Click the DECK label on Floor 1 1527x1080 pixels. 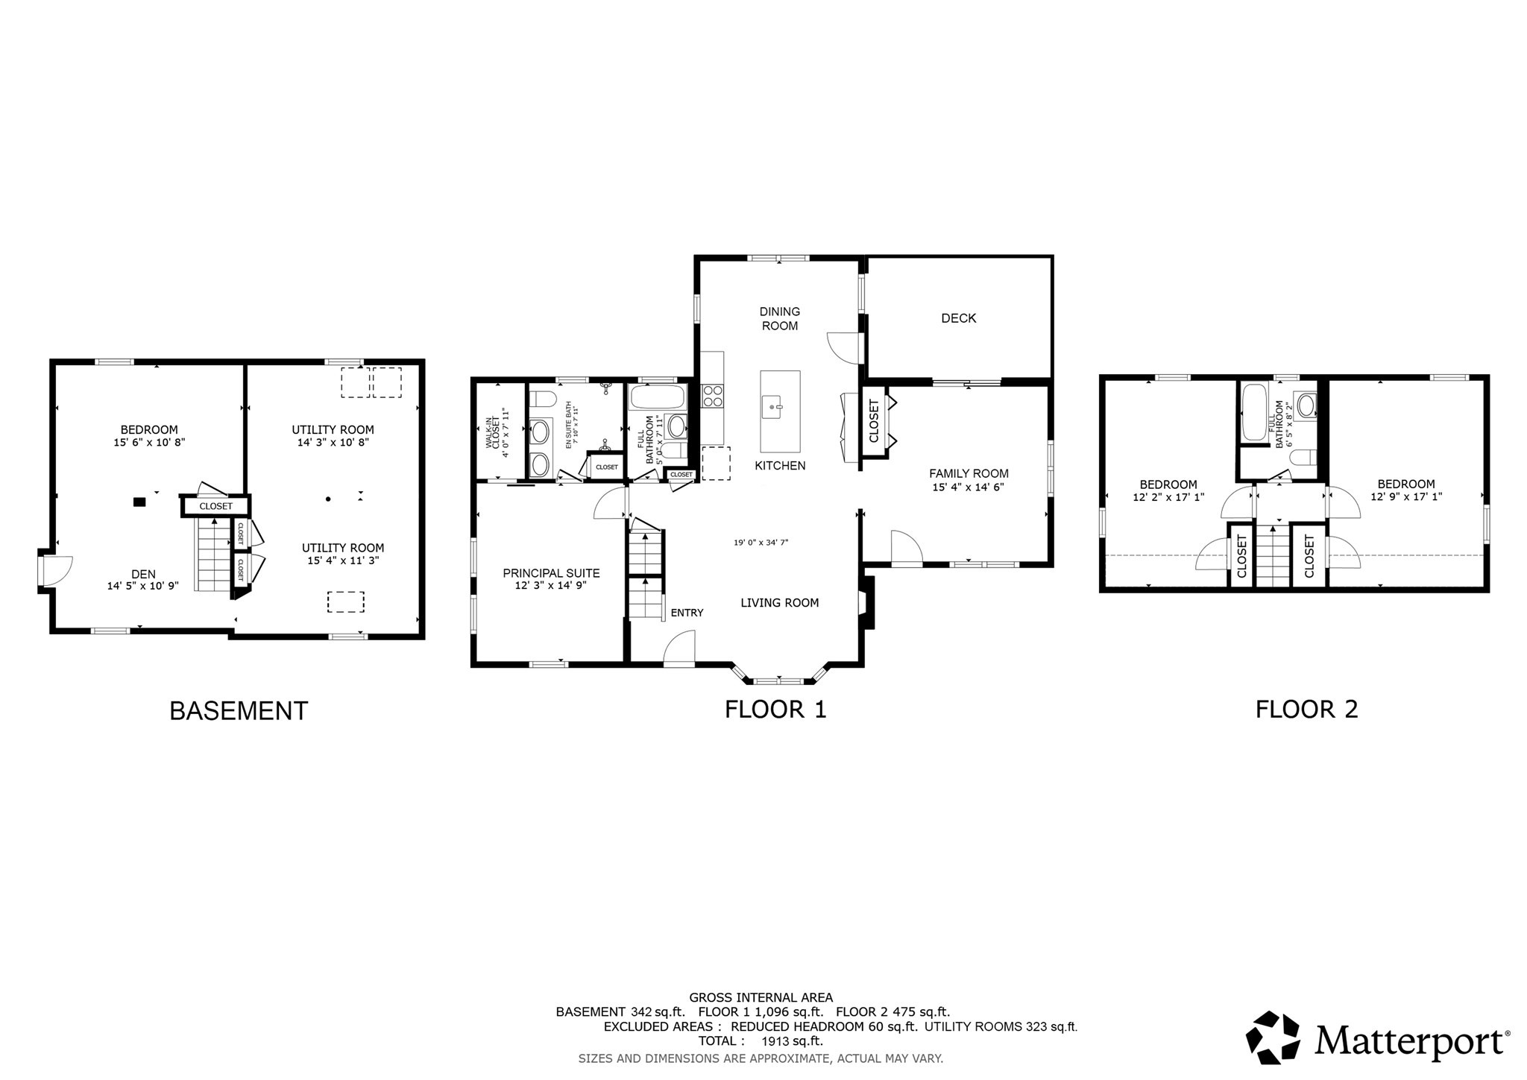pyautogui.click(x=958, y=318)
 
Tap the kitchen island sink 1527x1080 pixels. pyautogui.click(x=779, y=407)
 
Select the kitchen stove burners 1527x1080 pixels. pyautogui.click(x=712, y=395)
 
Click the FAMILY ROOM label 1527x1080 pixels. pyautogui.click(x=969, y=473)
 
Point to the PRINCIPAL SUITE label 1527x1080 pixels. pyautogui.click(x=551, y=573)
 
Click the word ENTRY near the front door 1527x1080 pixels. pyautogui.click(x=687, y=613)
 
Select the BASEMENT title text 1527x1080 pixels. pyautogui.click(x=239, y=711)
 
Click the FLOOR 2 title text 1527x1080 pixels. pyautogui.click(x=1306, y=710)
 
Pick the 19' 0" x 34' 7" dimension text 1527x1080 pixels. pyautogui.click(x=761, y=543)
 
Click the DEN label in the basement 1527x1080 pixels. pyautogui.click(x=143, y=574)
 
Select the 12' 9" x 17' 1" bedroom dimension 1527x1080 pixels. pyautogui.click(x=1406, y=496)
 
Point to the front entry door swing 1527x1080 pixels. pyautogui.click(x=679, y=645)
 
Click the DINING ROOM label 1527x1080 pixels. pyautogui.click(x=779, y=318)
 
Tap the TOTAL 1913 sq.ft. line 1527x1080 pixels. pyautogui.click(x=761, y=1041)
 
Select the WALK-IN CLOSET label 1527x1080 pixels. pyautogui.click(x=496, y=432)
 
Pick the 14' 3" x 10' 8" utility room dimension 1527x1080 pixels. pyautogui.click(x=333, y=442)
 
